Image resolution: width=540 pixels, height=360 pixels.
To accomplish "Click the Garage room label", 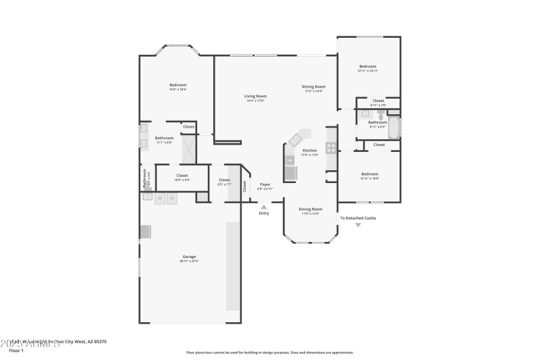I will [189, 257].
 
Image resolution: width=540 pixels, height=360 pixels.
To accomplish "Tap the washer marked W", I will [160, 198].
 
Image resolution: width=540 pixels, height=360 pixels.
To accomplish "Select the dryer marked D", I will [172, 198].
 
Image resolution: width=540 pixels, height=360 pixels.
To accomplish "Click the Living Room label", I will [255, 96].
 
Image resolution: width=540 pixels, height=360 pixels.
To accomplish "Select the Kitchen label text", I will [309, 150].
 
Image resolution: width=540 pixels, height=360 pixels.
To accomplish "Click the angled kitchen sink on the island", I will [296, 139].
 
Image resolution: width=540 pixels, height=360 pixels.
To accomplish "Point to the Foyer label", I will [265, 184].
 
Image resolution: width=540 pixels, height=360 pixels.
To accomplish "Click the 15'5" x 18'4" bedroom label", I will [178, 85].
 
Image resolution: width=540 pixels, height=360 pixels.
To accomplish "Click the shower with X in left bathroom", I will [188, 148].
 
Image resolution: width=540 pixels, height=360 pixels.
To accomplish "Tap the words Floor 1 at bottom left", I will [16, 351].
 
